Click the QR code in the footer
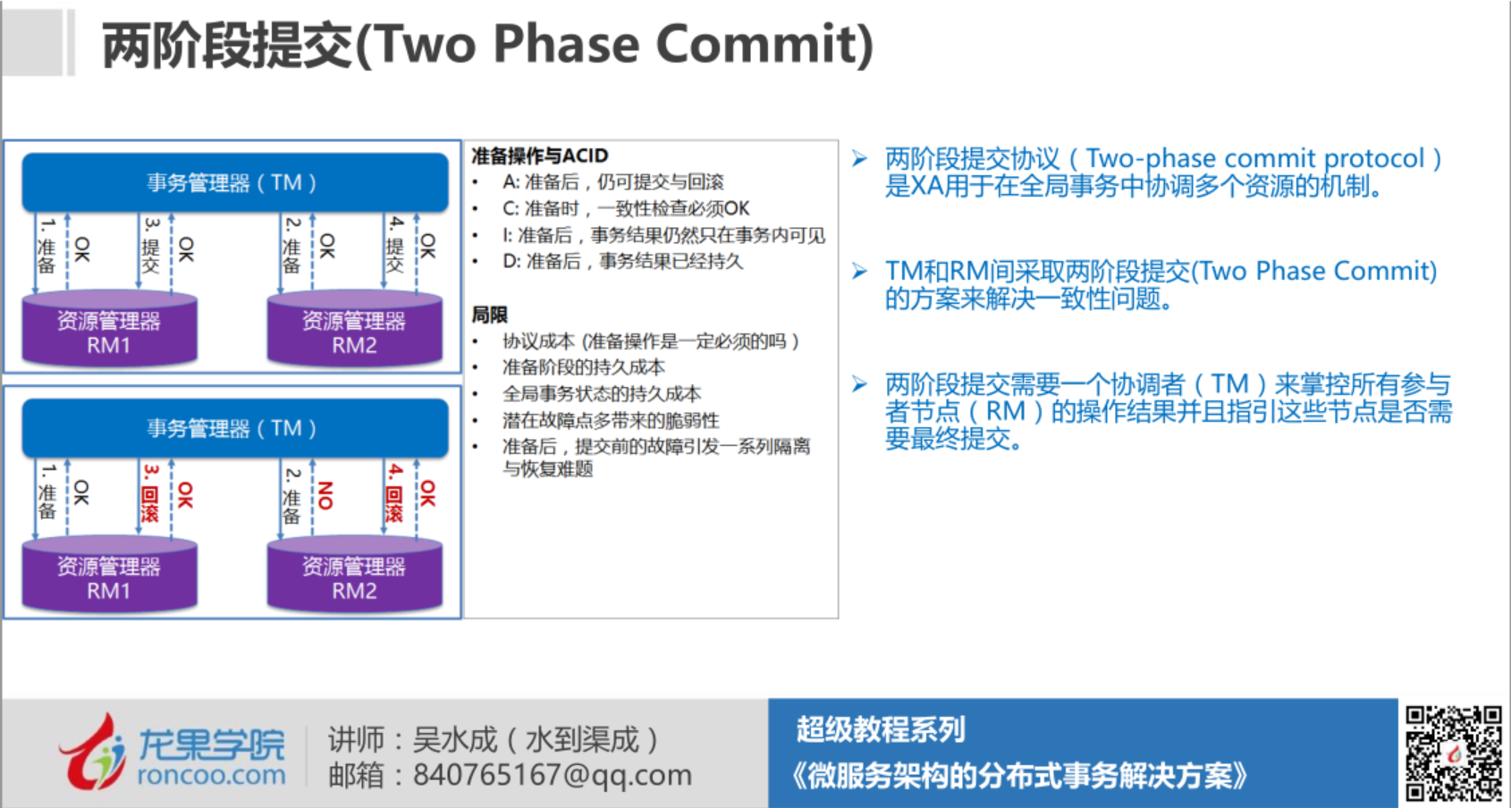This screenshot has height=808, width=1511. (x=1453, y=753)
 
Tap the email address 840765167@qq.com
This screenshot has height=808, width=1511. (x=552, y=775)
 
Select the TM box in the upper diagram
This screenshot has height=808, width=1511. (x=234, y=182)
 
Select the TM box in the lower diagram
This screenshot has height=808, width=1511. (x=234, y=428)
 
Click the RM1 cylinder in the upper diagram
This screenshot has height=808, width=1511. (x=109, y=331)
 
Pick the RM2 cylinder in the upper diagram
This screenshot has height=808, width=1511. (x=354, y=331)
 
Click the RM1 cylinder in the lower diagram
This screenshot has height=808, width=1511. (x=109, y=577)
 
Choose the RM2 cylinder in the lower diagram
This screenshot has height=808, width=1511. (x=354, y=577)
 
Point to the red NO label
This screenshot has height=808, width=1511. (x=325, y=494)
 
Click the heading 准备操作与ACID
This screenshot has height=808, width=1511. (x=539, y=156)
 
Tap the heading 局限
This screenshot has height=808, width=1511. (x=489, y=315)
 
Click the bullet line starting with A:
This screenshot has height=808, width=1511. (x=612, y=182)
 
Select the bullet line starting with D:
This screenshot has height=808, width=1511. (x=622, y=261)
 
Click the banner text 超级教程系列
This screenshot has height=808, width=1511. (x=881, y=729)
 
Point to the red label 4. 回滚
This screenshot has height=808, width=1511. (x=394, y=492)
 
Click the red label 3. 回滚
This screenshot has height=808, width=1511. (x=150, y=492)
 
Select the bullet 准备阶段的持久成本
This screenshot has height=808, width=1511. (x=583, y=367)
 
